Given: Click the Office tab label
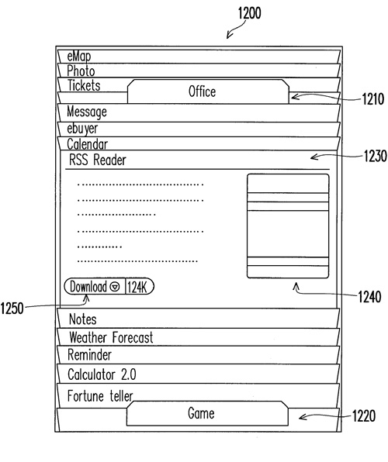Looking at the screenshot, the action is [202, 91].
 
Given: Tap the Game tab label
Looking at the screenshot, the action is [201, 413].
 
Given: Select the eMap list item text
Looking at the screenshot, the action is [79, 57].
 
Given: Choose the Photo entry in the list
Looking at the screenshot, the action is [81, 71].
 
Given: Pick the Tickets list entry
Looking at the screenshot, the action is [84, 85].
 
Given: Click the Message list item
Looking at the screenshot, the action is [87, 112].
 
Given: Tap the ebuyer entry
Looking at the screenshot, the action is [82, 129].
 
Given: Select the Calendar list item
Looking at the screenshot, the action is [87, 144].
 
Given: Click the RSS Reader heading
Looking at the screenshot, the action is [97, 160].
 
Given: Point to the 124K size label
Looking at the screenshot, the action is [137, 286].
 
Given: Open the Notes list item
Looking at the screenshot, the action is [82, 319].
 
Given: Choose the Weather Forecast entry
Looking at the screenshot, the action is [111, 337].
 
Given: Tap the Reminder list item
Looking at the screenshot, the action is [89, 355].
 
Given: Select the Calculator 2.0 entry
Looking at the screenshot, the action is [102, 374].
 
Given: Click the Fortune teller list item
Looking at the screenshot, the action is [100, 395].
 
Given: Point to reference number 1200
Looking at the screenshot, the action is [249, 13].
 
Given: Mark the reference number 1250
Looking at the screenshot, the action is [12, 309].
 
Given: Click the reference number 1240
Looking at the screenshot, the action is [369, 297].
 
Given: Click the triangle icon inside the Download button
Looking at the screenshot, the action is [115, 286].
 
